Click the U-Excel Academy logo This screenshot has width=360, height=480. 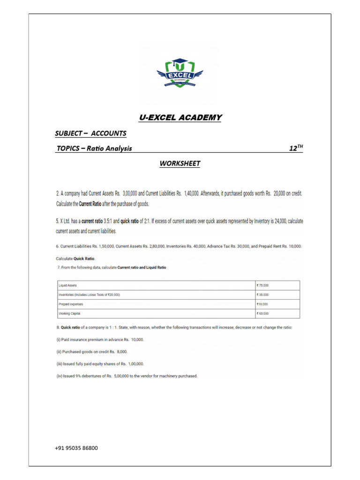[180, 73]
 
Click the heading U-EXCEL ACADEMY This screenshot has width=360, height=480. [180, 117]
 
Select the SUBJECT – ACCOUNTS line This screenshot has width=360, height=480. [90, 133]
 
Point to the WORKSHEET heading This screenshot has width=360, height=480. [180, 164]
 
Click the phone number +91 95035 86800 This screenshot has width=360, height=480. [76, 448]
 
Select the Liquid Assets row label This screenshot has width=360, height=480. [66, 285]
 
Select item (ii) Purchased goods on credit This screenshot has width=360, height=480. [92, 352]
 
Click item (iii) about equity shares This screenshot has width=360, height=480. [100, 363]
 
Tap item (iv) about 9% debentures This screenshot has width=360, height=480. [127, 375]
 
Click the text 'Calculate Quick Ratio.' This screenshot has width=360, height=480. [75, 258]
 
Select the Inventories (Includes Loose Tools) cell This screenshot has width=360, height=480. [89, 294]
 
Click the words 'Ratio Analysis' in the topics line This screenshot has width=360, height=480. [111, 149]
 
